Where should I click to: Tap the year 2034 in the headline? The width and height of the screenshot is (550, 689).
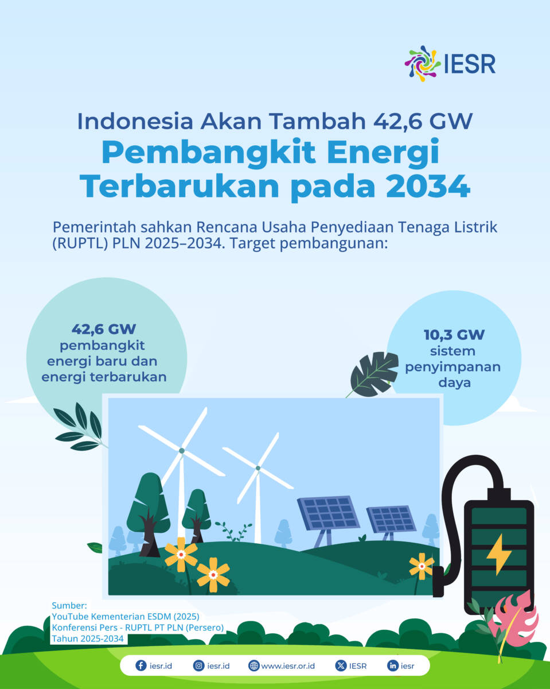pos(428,187)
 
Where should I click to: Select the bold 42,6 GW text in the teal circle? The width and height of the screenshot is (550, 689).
pos(104,329)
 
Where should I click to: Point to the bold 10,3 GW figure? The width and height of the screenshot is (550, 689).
pos(454,335)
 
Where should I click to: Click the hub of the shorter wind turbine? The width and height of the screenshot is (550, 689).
pos(258,468)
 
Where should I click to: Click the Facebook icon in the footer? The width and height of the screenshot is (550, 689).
pos(141,665)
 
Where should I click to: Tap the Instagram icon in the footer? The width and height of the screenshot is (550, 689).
pos(198,665)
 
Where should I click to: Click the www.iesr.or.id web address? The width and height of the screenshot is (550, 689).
pos(288,666)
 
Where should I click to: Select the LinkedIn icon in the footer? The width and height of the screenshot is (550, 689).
pos(393,665)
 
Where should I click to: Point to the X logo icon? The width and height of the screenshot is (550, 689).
pos(341,665)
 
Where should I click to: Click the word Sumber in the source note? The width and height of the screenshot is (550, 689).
pos(69,605)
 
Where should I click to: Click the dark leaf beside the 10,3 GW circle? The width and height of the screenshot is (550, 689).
pos(375,374)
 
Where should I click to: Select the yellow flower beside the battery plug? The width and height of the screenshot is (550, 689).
pos(422,566)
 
